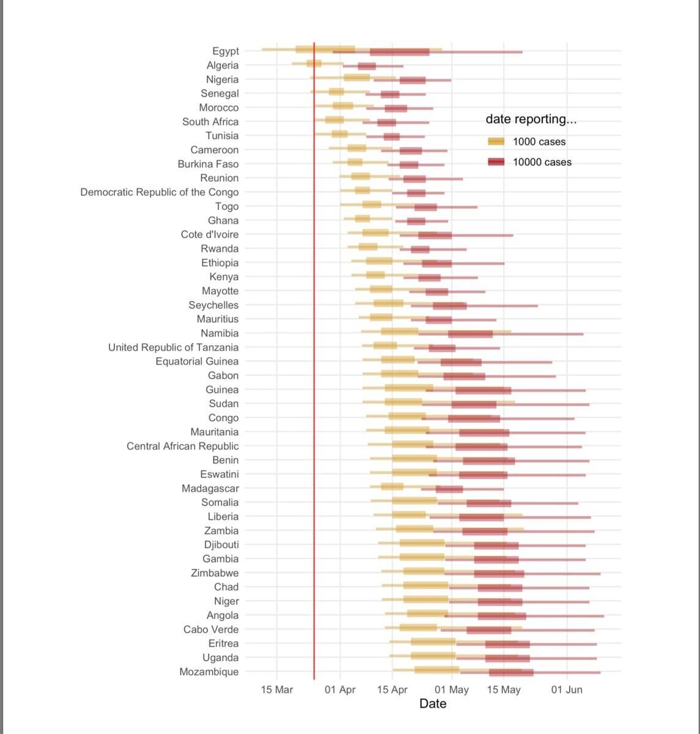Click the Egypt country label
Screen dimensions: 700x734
[225, 51]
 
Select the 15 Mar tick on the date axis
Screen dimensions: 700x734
[277, 689]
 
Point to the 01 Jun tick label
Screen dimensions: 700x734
[567, 689]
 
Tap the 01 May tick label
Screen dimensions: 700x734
[452, 689]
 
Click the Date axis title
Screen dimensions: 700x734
[433, 704]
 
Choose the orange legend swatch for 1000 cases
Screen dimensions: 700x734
[496, 141]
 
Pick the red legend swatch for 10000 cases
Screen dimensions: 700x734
[496, 161]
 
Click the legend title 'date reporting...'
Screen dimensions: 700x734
[531, 119]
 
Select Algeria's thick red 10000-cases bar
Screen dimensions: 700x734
[367, 67]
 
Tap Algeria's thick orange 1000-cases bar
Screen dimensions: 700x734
[314, 64]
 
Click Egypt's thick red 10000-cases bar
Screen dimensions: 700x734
[400, 52]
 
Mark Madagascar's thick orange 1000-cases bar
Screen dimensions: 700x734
[392, 486]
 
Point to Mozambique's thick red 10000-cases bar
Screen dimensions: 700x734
[512, 673]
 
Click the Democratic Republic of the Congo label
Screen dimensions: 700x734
[160, 192]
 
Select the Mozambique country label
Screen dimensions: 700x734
[209, 672]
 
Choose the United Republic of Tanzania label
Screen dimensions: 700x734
[173, 347]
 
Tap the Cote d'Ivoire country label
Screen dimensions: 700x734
[209, 234]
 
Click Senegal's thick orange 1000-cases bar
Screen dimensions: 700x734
[337, 92]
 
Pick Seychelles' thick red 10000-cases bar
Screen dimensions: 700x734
[450, 306]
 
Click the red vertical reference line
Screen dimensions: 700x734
[314, 361]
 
